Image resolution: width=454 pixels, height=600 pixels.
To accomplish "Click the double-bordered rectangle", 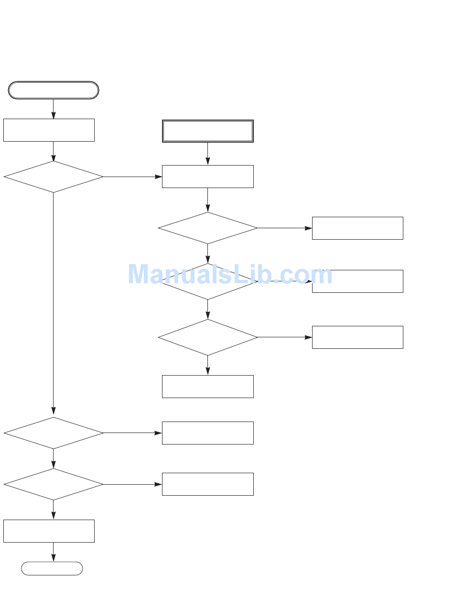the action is click(207, 131).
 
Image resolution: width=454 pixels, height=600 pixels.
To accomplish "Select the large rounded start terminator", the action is click(54, 90).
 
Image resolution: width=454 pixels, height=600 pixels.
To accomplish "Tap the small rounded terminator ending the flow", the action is click(52, 568).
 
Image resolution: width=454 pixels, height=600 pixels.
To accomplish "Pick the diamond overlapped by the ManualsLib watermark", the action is click(207, 281).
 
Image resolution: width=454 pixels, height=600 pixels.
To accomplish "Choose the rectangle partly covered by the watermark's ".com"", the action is click(357, 281).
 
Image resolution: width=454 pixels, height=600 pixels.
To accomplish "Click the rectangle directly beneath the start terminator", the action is click(49, 130).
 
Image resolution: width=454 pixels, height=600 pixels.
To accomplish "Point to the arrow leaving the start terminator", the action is click(54, 109).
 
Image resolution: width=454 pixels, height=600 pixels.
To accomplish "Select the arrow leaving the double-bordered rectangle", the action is click(207, 154).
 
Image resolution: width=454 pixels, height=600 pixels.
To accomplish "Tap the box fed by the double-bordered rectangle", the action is click(207, 177).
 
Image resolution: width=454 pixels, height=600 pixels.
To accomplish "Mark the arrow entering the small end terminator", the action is click(54, 552).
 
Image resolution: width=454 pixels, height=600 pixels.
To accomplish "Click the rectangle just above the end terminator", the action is click(49, 531).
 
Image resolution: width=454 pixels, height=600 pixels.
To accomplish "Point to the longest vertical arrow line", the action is click(54, 301).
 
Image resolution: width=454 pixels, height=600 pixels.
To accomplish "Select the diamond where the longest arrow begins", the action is click(54, 177).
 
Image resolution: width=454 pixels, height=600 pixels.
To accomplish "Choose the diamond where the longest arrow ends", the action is click(54, 433).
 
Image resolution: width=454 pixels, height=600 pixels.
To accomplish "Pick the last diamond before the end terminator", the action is click(54, 484).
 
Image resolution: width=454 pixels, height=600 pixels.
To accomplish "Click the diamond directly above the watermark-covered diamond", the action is click(207, 228).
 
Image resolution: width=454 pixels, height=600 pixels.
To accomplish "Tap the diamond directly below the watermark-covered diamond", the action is click(207, 337).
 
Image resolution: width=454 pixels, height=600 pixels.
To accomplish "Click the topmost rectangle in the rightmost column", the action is click(357, 228).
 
